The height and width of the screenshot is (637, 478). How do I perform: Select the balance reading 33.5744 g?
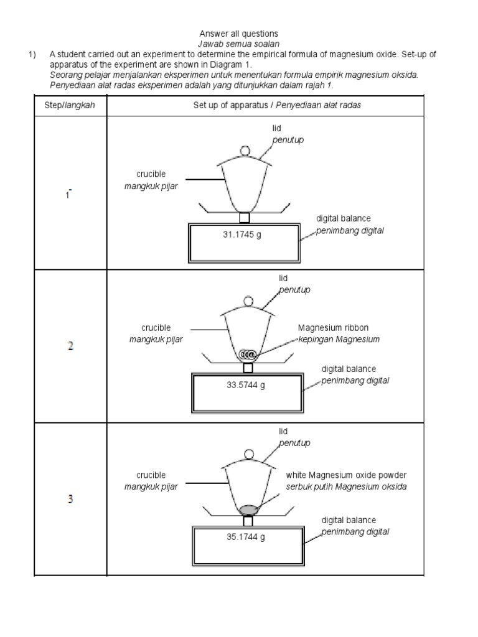pyautogui.click(x=246, y=385)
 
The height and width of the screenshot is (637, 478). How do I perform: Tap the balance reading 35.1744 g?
pyautogui.click(x=246, y=537)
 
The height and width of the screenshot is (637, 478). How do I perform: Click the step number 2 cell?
pyautogui.click(x=70, y=346)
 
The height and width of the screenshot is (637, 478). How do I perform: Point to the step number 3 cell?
pyautogui.click(x=70, y=500)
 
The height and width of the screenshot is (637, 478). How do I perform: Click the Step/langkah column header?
pyautogui.click(x=70, y=106)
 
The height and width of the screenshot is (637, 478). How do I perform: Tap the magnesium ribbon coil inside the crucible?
pyautogui.click(x=248, y=354)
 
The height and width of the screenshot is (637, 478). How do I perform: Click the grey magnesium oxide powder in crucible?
pyautogui.click(x=248, y=510)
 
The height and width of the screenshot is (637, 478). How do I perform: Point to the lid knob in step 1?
pyautogui.click(x=245, y=150)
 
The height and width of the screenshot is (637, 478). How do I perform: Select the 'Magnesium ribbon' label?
pyautogui.click(x=329, y=328)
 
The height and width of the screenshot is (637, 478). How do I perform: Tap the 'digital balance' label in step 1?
pyautogui.click(x=343, y=218)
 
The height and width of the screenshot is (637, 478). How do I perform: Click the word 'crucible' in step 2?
pyautogui.click(x=156, y=328)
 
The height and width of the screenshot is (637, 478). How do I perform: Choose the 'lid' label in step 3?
pyautogui.click(x=283, y=431)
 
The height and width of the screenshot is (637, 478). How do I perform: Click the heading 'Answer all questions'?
pyautogui.click(x=238, y=33)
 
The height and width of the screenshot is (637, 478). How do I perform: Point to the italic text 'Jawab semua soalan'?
pyautogui.click(x=238, y=44)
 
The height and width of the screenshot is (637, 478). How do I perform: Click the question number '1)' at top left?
pyautogui.click(x=34, y=54)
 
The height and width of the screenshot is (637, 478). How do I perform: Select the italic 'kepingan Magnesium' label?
pyautogui.click(x=339, y=339)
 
